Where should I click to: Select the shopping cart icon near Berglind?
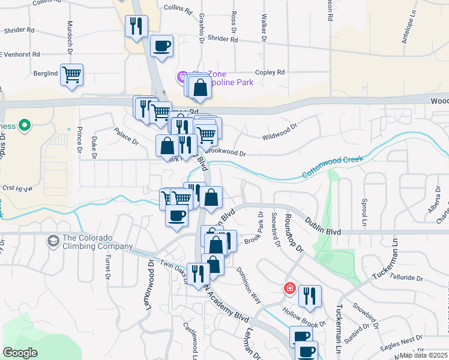pos(71,75)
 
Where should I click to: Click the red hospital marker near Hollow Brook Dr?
pos(290,289)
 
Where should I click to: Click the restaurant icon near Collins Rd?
pos(136,26)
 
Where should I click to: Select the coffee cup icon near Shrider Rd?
pos(161,46)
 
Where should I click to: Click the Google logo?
pos(20,353)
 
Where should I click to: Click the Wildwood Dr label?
pos(280,132)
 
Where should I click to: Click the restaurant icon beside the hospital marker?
pos(310,295)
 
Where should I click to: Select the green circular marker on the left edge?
pos(24,126)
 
